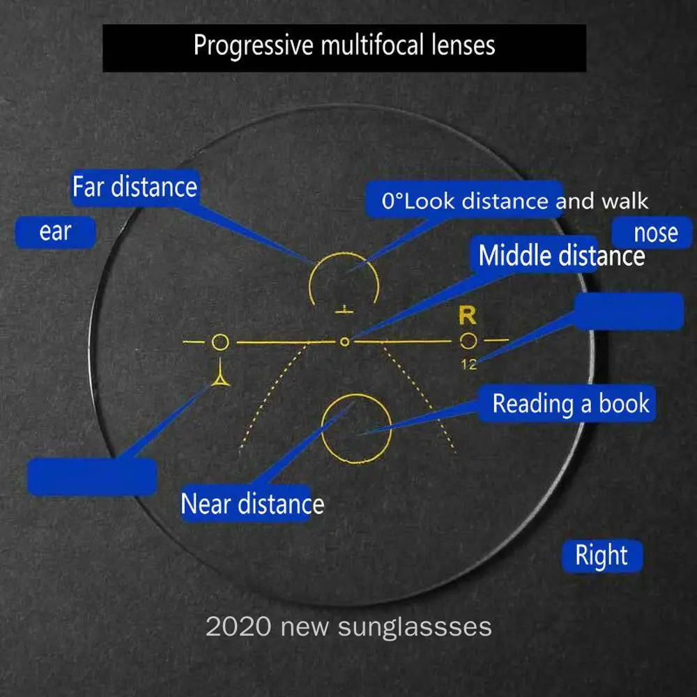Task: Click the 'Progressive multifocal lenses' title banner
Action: [344, 46]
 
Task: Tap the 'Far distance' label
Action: [135, 187]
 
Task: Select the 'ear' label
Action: [55, 232]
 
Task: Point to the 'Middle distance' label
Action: [561, 256]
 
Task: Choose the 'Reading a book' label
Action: [570, 404]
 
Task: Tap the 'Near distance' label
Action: [252, 503]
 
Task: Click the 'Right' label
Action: [601, 556]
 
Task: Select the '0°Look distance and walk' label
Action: [514, 201]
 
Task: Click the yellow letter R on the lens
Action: [467, 316]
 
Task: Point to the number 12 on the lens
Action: [468, 364]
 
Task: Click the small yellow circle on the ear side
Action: [220, 342]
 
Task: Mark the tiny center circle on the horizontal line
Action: [344, 342]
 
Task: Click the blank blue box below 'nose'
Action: [628, 311]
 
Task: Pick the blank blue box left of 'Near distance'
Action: [91, 477]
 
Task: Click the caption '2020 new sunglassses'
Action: [348, 626]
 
